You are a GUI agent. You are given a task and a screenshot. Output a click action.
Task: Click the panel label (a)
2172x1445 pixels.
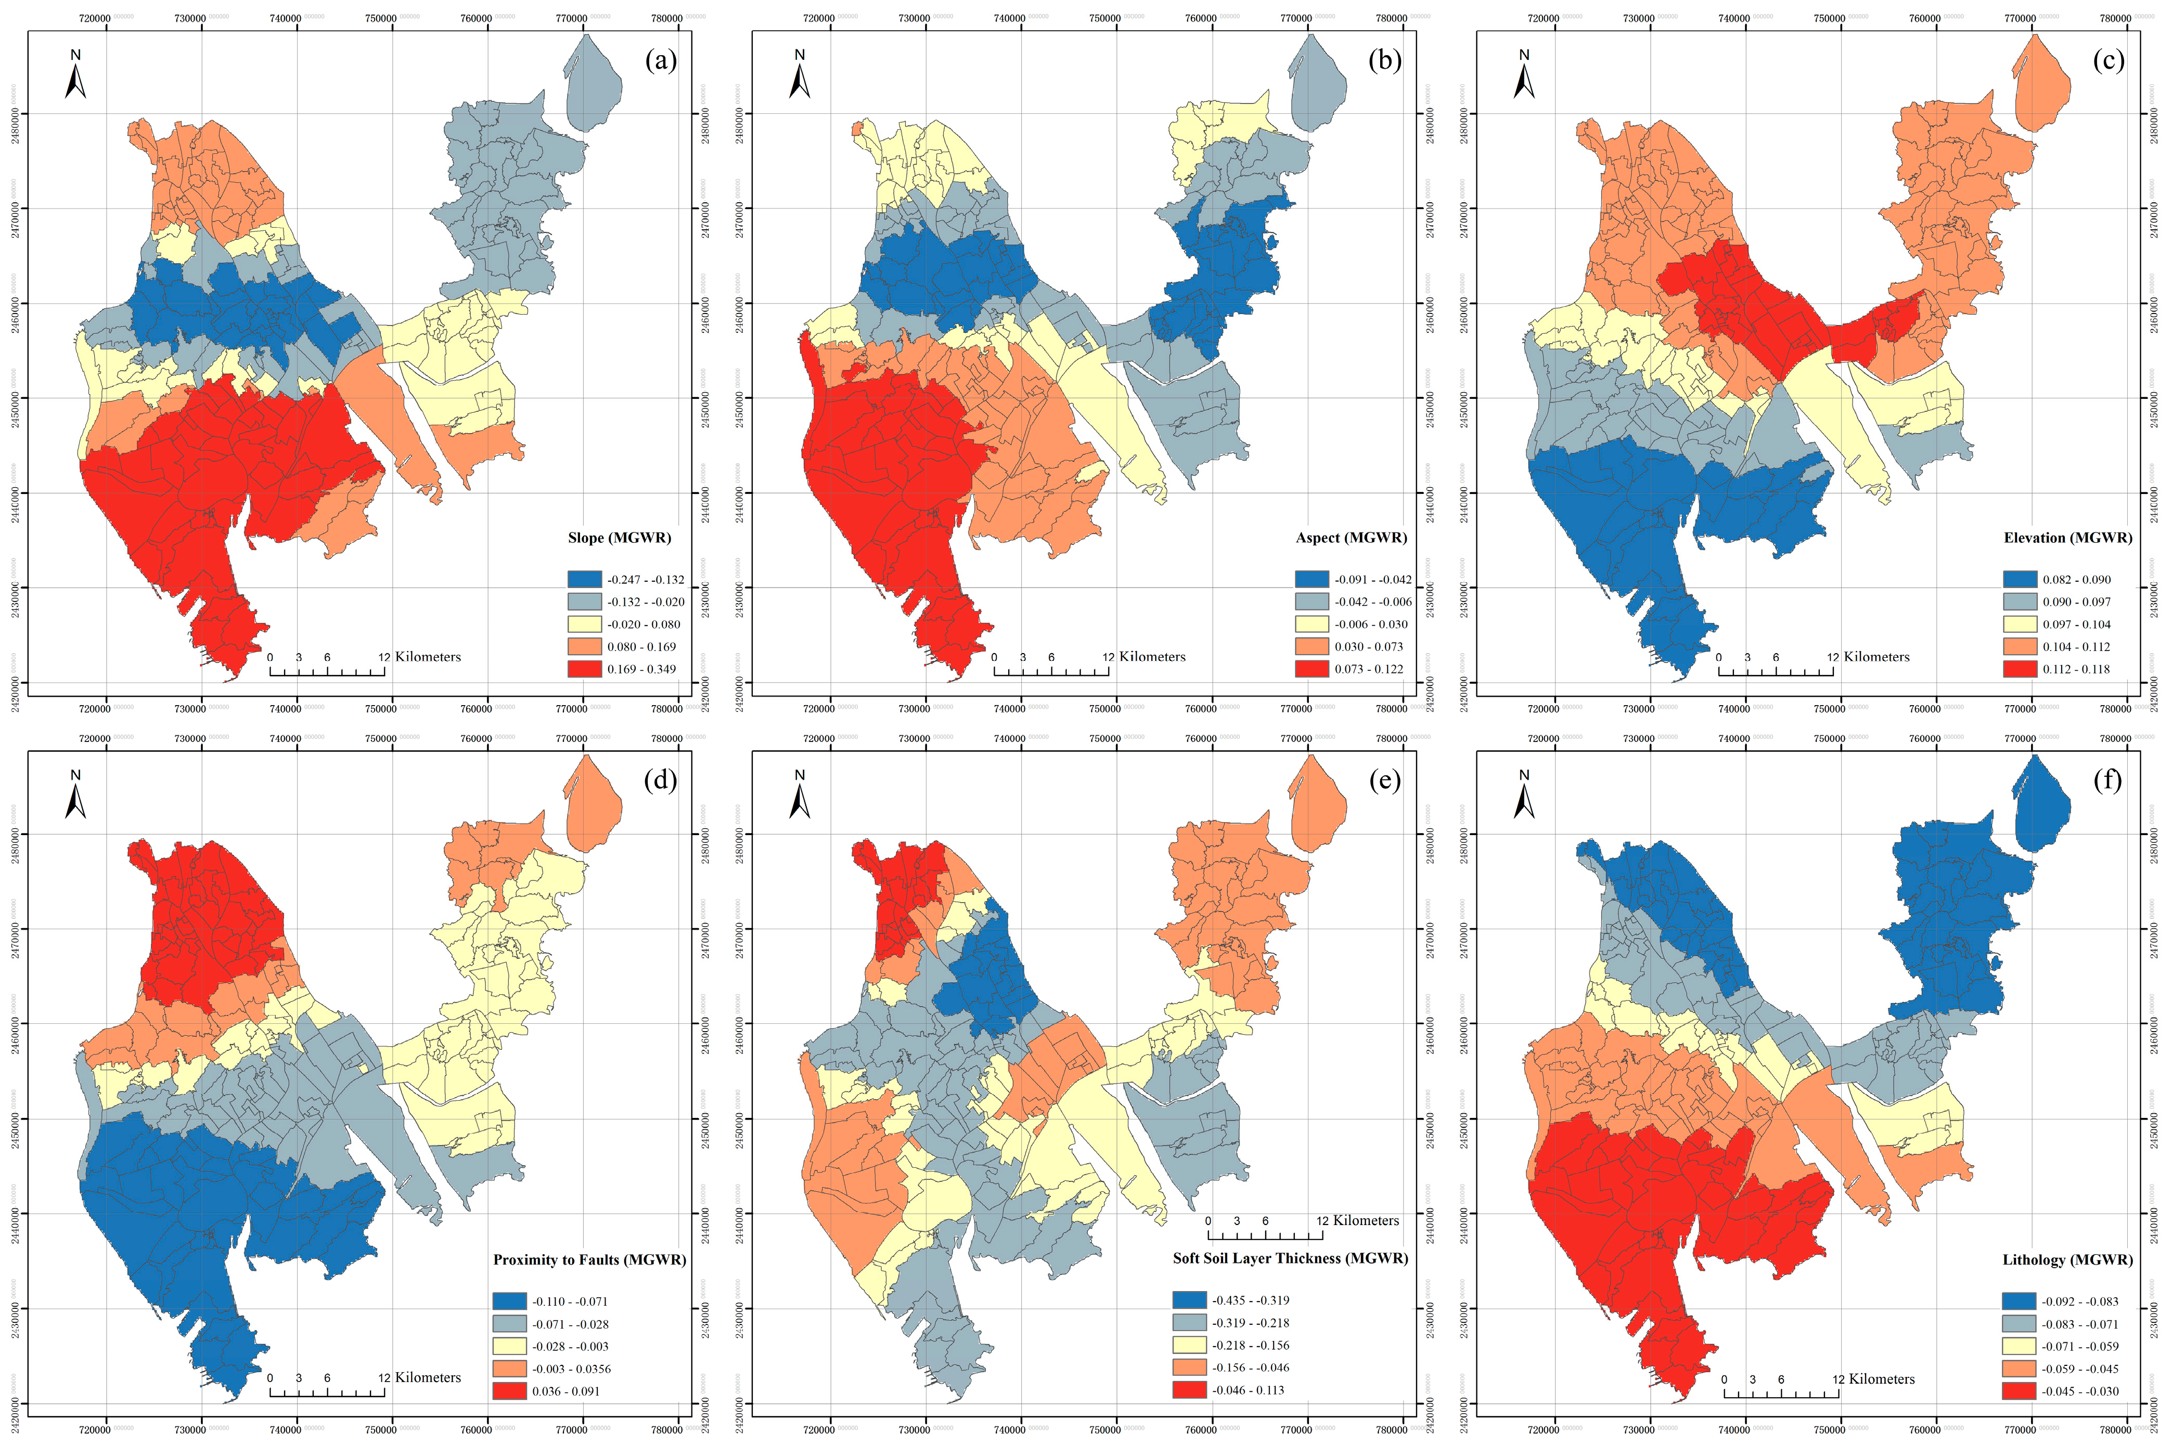(x=660, y=61)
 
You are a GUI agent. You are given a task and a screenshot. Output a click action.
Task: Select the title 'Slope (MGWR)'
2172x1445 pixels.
(x=619, y=537)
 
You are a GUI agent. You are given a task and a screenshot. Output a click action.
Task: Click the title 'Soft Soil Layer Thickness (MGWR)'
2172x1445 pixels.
(x=1290, y=1258)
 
